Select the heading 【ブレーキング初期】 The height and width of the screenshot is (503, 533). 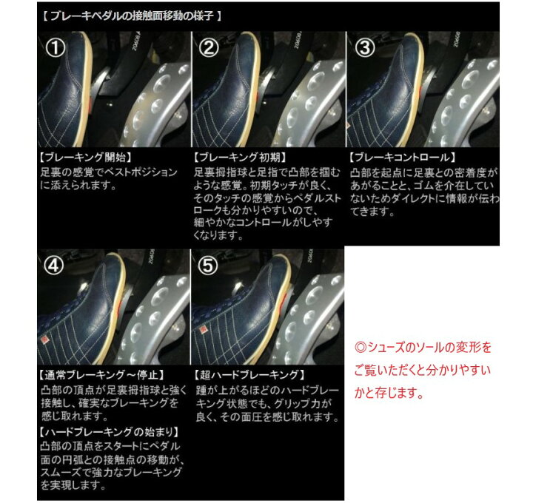pos(239,158)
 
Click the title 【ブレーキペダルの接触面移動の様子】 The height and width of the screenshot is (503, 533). pos(130,15)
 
